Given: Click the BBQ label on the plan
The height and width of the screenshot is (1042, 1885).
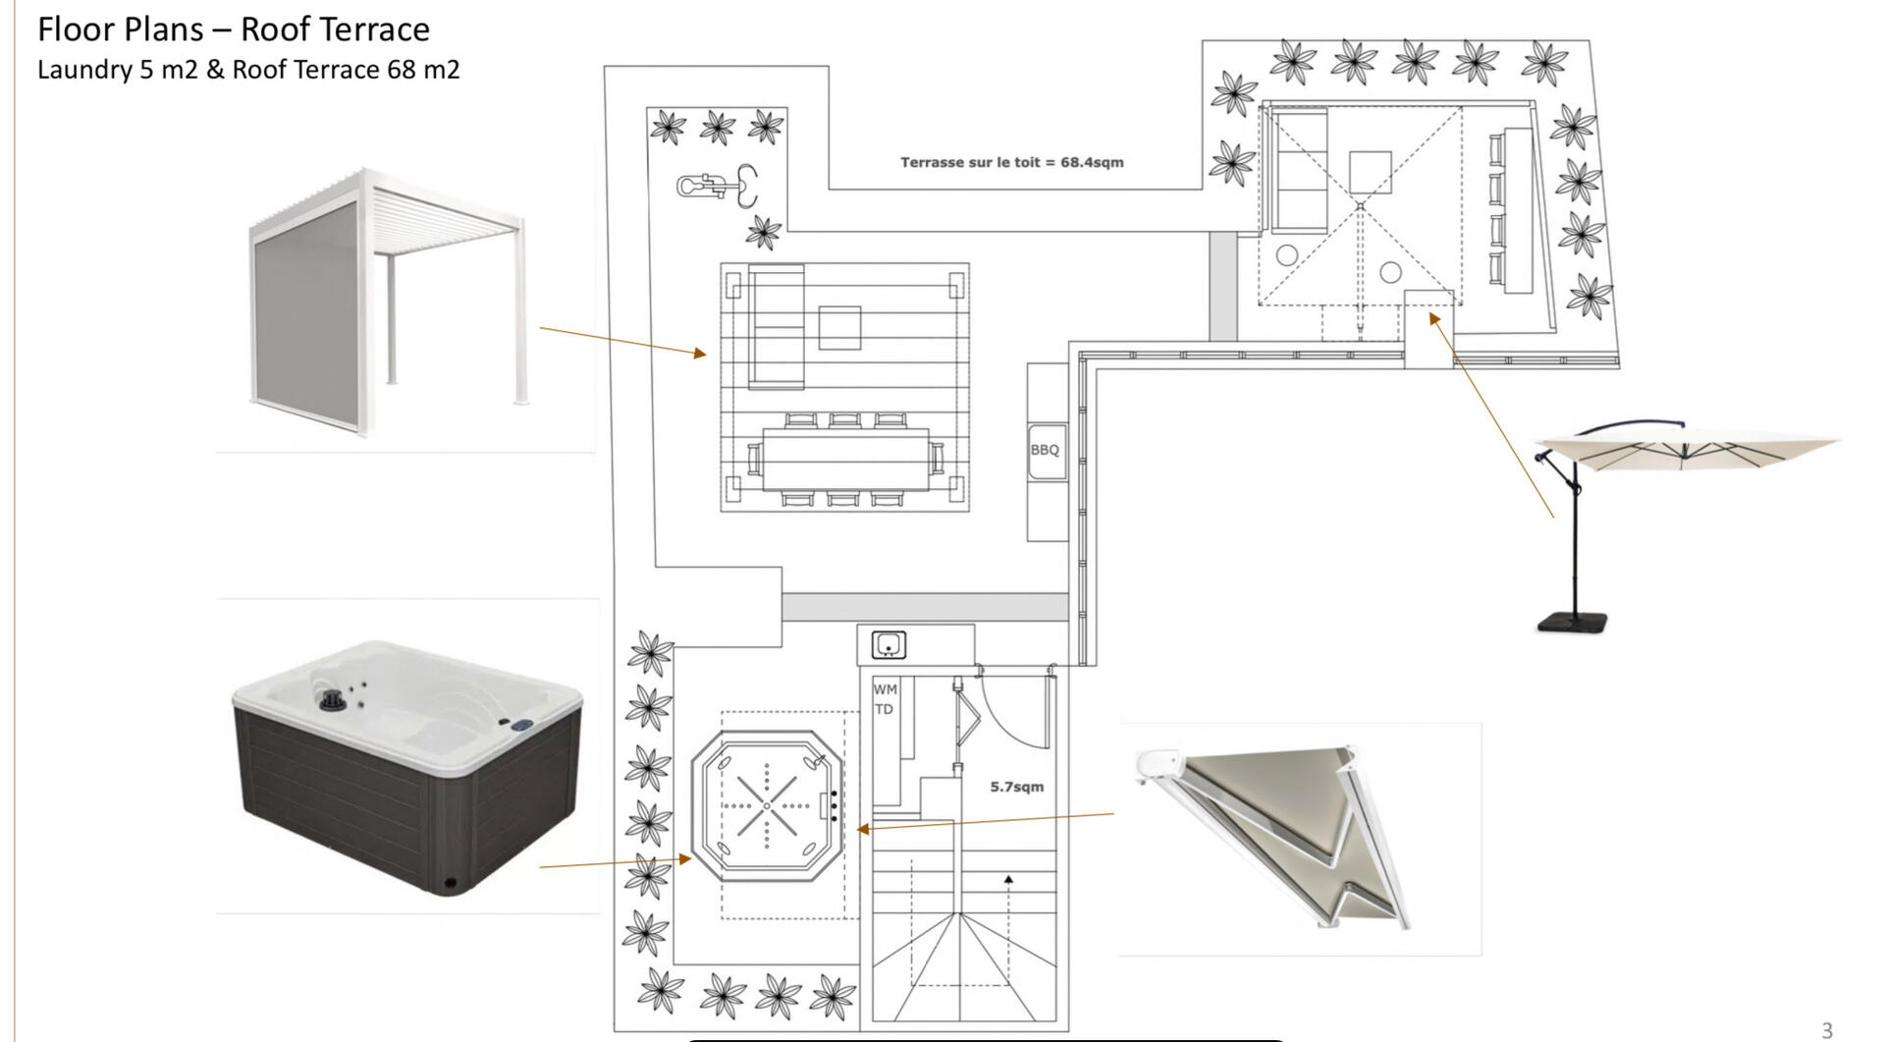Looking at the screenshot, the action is point(1045,450).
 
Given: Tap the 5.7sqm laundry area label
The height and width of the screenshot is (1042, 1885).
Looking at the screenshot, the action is point(1016,787).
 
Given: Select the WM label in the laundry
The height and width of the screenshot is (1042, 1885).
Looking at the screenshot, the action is point(885,689).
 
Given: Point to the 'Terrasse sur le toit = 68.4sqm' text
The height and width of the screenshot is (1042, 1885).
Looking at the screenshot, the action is point(1012,162).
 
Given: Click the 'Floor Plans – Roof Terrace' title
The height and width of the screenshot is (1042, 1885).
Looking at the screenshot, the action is point(234,29).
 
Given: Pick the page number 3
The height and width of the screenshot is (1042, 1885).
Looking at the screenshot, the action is point(1827,1030).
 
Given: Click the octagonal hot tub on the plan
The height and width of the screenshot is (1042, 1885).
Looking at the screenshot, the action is point(767,805).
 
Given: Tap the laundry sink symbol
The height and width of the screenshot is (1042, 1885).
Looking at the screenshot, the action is point(889,645).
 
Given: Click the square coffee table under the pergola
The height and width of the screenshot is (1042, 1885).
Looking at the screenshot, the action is point(839,327).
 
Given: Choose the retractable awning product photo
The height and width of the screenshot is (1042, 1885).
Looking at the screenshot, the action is point(1273,837).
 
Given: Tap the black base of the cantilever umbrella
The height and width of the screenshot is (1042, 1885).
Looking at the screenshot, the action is point(1573,622).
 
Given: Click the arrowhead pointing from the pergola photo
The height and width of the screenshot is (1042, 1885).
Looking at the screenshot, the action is point(700,352).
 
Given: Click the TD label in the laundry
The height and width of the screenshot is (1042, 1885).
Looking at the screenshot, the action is point(884,709).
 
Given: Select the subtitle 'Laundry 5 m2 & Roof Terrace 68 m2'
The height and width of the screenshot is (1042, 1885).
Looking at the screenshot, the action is point(248,70).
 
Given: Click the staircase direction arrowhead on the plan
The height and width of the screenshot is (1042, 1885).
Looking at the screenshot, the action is point(1008,879).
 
